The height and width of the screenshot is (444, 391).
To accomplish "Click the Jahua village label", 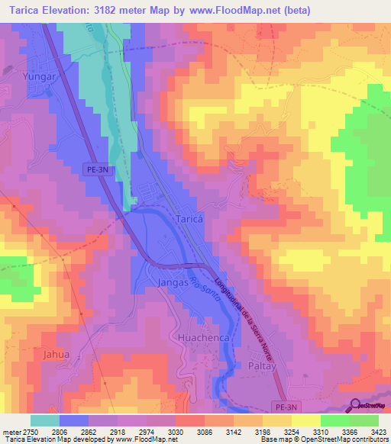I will (x=35, y=355).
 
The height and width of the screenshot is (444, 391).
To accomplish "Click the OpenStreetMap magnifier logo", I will (x=355, y=405).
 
